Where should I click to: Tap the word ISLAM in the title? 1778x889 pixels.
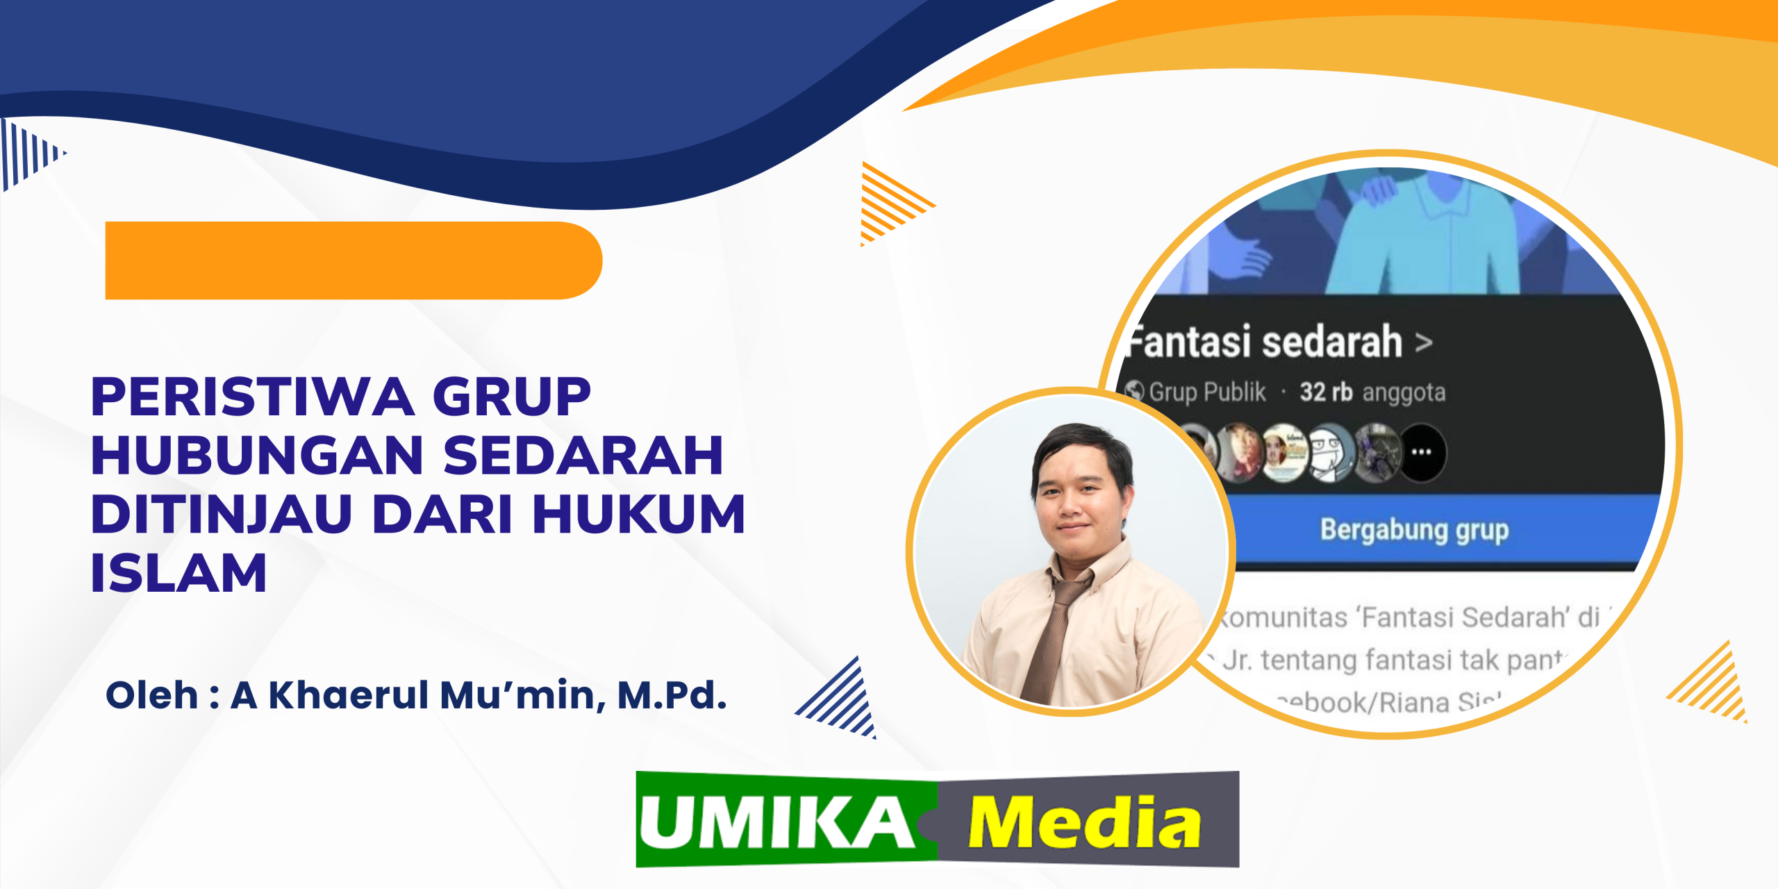(x=178, y=574)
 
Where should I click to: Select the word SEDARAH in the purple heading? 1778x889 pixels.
(x=583, y=456)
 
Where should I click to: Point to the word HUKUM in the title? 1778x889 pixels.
(x=639, y=515)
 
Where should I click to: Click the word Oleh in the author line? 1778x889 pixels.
(x=151, y=695)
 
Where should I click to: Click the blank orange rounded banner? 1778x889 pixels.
(x=353, y=260)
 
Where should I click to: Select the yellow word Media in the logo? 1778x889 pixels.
(x=1083, y=823)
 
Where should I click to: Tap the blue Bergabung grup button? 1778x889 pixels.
(x=1414, y=530)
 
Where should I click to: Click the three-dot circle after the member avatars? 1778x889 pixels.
(x=1422, y=453)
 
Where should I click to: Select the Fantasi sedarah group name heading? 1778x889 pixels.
(x=1264, y=342)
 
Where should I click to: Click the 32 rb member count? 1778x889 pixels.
(x=1326, y=392)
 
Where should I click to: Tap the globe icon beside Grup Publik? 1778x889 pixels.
(x=1135, y=391)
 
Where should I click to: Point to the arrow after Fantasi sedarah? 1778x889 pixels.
(x=1424, y=342)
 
